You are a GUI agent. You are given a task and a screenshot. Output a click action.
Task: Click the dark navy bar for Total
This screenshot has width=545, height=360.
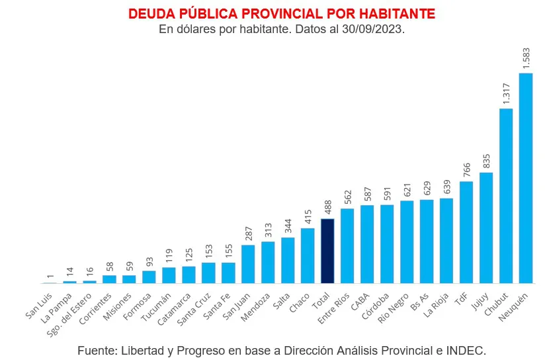pos(327,251)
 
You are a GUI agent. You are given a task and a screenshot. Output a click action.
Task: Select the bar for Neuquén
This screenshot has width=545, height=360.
pos(526,178)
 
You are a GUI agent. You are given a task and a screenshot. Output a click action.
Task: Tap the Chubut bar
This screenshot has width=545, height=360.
pos(506,196)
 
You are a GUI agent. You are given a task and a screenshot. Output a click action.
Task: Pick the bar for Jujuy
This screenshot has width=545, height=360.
pos(486,228)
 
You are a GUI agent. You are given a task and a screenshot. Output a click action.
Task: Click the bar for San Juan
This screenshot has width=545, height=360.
pos(248,264)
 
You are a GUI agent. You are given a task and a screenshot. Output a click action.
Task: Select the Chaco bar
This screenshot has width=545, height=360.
pos(308,255)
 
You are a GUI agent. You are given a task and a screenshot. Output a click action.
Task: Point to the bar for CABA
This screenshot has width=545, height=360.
pos(367,244)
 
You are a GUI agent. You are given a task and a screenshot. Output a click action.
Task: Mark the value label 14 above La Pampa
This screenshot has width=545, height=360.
pos(70,272)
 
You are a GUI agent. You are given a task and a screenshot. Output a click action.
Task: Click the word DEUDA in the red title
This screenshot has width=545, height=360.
pos(149,14)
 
